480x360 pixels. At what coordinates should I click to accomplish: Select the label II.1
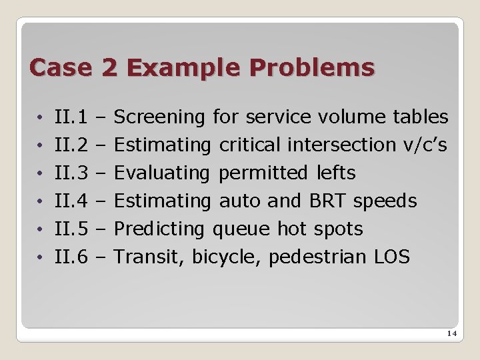pos(72,117)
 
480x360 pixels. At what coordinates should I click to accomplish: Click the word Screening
pos(159,117)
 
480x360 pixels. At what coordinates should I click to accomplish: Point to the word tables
pos(421,117)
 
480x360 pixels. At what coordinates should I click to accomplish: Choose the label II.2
pos(72,145)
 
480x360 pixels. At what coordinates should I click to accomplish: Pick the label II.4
pos(72,201)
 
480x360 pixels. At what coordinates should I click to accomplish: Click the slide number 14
pos(451,335)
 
